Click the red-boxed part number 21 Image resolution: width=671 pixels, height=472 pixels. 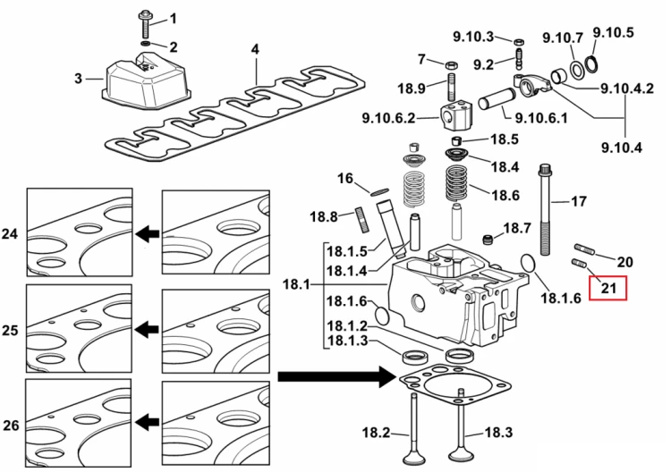coord(608,288)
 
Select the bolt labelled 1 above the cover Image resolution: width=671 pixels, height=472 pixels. coord(143,25)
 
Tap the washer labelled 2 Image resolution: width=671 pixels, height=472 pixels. coord(146,44)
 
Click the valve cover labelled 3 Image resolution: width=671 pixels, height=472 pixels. coord(145,81)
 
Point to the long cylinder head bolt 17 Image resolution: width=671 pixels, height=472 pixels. coord(545,209)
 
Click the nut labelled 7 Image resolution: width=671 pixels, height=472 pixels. coord(452,66)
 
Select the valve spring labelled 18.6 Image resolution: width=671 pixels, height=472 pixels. coord(457,185)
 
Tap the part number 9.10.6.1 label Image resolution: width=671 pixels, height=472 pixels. coord(541,117)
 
